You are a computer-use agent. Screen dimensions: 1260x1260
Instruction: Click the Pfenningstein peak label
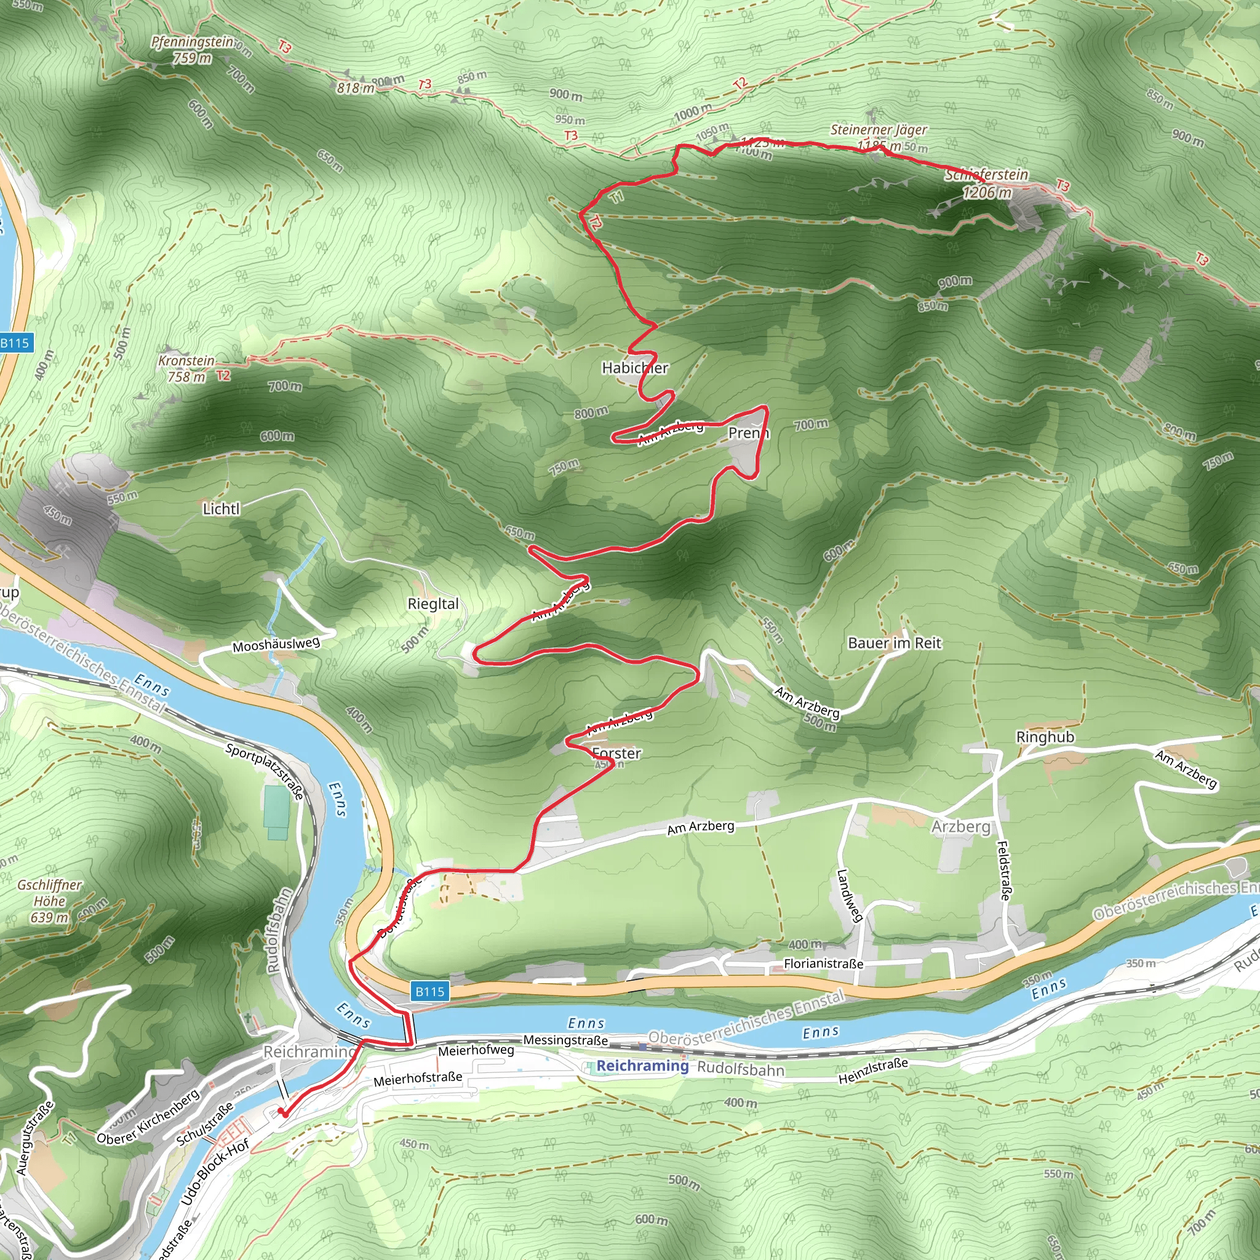(x=192, y=42)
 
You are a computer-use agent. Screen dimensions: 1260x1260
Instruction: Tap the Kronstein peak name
(x=186, y=361)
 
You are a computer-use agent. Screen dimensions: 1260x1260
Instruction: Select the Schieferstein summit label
(x=986, y=175)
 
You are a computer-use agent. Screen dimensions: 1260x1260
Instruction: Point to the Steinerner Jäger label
(x=879, y=130)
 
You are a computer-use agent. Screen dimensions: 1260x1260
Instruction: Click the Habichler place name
(x=634, y=369)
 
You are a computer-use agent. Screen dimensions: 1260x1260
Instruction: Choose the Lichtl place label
(x=221, y=509)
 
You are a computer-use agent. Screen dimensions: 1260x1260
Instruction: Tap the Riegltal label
(x=433, y=604)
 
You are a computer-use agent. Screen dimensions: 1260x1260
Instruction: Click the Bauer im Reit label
(x=894, y=643)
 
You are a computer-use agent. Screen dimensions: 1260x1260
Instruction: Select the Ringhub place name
(x=1045, y=737)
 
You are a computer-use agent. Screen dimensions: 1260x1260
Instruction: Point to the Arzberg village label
(x=960, y=826)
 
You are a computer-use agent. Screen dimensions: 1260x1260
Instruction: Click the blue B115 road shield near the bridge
(x=430, y=991)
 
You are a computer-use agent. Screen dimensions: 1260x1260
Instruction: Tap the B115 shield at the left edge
(x=14, y=343)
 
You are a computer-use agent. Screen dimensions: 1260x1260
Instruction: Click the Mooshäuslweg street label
(x=276, y=645)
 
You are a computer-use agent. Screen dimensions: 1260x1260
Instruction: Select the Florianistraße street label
(x=823, y=963)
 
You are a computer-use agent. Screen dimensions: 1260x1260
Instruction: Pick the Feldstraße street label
(x=1003, y=871)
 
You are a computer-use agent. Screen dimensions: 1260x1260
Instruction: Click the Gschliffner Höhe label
(x=50, y=901)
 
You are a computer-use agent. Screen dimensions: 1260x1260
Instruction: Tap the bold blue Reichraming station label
(x=642, y=1066)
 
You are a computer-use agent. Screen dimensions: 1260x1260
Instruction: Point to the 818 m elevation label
(x=356, y=87)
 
